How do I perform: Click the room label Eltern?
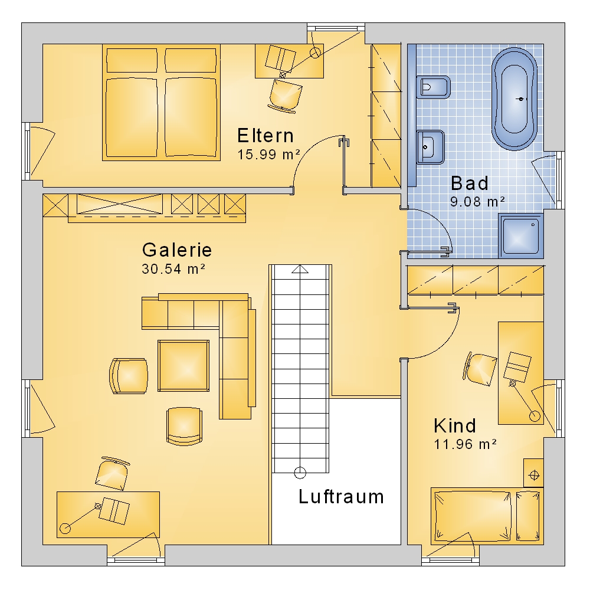265,136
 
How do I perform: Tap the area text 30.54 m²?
173,268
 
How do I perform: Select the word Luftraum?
341,497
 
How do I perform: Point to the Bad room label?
470,183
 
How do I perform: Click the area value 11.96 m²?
465,444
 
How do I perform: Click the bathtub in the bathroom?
514,99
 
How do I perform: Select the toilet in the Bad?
433,87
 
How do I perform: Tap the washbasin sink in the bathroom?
431,147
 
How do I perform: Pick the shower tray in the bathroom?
521,236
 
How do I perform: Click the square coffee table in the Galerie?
183,366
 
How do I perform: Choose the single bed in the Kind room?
487,516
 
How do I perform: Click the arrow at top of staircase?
300,269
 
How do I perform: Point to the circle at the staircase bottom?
300,473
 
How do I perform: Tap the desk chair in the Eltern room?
285,96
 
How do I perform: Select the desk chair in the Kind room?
479,369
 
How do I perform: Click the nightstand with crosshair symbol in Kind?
533,473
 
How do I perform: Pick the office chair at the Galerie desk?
112,473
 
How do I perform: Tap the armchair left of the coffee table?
129,376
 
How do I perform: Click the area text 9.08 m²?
477,202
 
